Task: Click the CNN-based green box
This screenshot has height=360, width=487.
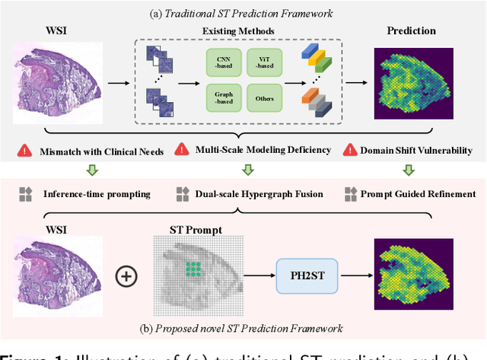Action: coord(223,62)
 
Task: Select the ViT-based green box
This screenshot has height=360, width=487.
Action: coord(265,62)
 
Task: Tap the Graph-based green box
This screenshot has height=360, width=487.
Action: coord(223,97)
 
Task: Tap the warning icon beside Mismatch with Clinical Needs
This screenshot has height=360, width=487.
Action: coord(25,151)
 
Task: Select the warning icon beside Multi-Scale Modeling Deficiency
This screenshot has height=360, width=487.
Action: coord(182,150)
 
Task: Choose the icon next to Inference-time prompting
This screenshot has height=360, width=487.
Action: coord(25,194)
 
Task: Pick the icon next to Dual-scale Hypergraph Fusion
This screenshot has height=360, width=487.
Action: coord(182,194)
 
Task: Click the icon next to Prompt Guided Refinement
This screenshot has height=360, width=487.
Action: coord(351,194)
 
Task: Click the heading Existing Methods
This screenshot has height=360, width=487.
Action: coord(243,32)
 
